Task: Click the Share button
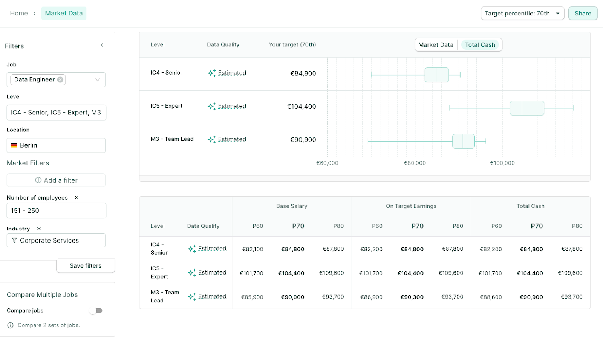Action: point(583,14)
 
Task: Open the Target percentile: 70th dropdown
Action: point(522,14)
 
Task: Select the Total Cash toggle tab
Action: point(480,45)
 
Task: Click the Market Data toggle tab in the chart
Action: point(436,45)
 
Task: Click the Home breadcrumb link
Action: point(19,14)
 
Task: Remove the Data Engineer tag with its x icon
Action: point(60,79)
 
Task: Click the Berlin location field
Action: point(56,145)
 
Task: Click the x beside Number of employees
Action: point(77,198)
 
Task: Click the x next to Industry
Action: point(39,229)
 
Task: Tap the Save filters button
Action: point(86,266)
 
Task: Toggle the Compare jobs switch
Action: point(96,311)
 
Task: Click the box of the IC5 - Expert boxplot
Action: point(527,108)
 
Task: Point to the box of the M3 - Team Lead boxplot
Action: point(463,141)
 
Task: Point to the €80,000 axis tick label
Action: point(415,163)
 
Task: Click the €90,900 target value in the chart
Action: point(303,140)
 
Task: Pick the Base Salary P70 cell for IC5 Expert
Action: point(291,273)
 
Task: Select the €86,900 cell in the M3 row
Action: point(371,297)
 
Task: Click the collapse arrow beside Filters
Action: point(102,45)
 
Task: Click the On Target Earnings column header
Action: point(411,206)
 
